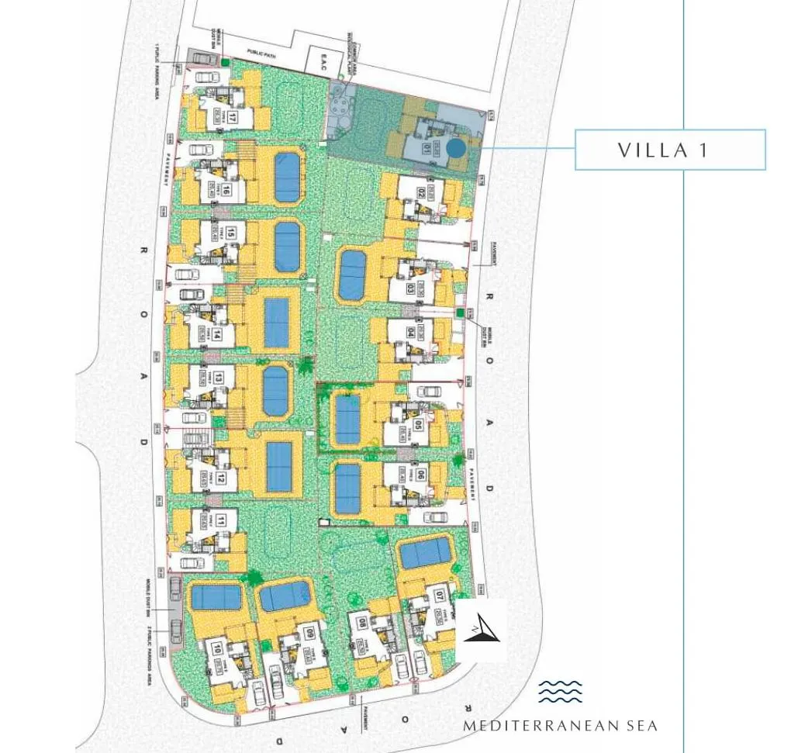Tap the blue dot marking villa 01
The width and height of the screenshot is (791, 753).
[456, 146]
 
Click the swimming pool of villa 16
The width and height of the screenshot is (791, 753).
[287, 177]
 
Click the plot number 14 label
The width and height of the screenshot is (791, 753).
[219, 335]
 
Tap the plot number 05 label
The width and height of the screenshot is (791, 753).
[418, 424]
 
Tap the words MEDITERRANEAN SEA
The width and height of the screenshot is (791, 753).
[560, 727]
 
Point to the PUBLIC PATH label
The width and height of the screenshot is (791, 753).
[262, 51]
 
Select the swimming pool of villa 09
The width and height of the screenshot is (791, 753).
[285, 596]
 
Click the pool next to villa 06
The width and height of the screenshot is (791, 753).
[348, 488]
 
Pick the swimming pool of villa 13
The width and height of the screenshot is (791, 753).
[275, 391]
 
